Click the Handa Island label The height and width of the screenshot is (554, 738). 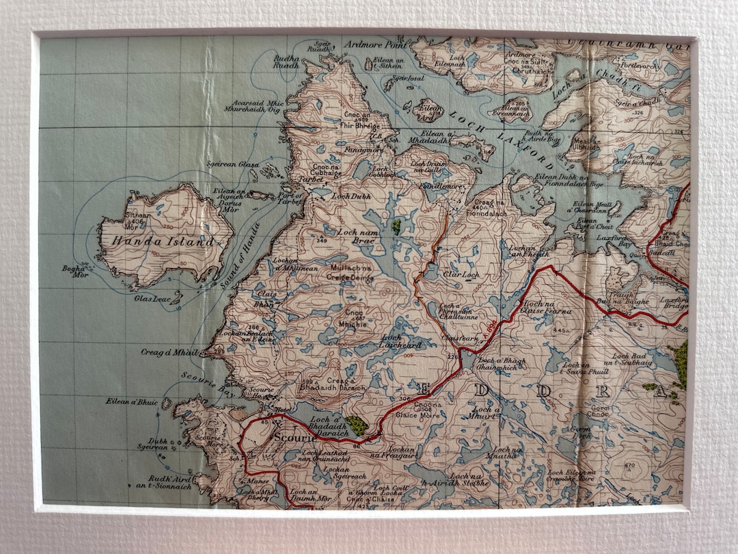[157, 242]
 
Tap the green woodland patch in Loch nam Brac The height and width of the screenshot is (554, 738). [396, 226]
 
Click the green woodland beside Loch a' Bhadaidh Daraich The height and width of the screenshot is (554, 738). [355, 425]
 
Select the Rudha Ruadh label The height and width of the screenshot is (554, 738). [286, 62]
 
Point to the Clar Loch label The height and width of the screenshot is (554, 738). [461, 275]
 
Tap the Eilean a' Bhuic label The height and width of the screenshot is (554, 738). [131, 401]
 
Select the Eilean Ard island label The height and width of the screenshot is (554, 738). [428, 112]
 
